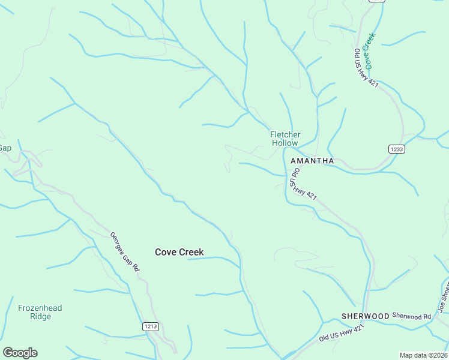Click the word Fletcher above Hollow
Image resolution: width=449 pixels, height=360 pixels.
pos(285,134)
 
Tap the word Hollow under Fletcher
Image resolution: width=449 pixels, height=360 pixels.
pos(285,143)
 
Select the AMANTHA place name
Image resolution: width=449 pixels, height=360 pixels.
pos(312,161)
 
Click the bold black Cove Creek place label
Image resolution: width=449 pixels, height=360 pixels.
pos(179,252)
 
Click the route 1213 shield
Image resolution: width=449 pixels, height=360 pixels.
pos(151,326)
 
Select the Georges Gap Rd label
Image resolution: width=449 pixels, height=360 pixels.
pos(125,252)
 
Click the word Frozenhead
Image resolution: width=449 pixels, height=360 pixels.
pos(40,308)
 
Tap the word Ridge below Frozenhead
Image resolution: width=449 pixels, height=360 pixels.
pos(40,316)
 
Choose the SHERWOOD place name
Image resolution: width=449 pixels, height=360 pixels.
pos(365,316)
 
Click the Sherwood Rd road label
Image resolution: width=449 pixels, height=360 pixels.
pos(412,316)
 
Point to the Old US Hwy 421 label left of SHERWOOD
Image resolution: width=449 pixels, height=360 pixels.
pos(342,333)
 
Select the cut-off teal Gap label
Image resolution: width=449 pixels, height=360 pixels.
pos(5,148)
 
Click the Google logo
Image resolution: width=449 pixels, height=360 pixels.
pos(20,353)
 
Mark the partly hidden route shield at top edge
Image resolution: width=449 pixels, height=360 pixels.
pos(376,1)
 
